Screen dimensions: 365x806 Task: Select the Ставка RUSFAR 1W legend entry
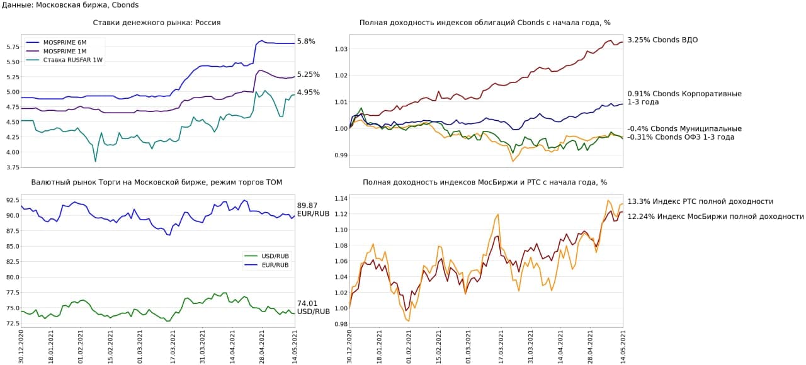pos(72,60)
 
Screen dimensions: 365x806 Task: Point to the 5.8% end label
pos(306,42)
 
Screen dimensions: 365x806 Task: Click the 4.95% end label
pos(309,93)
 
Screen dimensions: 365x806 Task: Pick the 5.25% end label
pos(309,74)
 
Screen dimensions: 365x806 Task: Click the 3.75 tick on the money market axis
pos(12,167)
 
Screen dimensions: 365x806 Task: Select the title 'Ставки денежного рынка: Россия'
pos(157,23)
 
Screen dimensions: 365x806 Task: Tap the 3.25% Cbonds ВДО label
pos(662,40)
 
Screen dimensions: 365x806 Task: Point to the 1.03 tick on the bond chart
pos(341,49)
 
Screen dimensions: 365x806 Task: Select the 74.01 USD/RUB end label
pos(313,307)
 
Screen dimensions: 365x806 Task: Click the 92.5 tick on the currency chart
pos(12,200)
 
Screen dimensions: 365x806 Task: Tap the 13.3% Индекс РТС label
pos(700,201)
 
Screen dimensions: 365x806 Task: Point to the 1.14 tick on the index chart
pos(341,199)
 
